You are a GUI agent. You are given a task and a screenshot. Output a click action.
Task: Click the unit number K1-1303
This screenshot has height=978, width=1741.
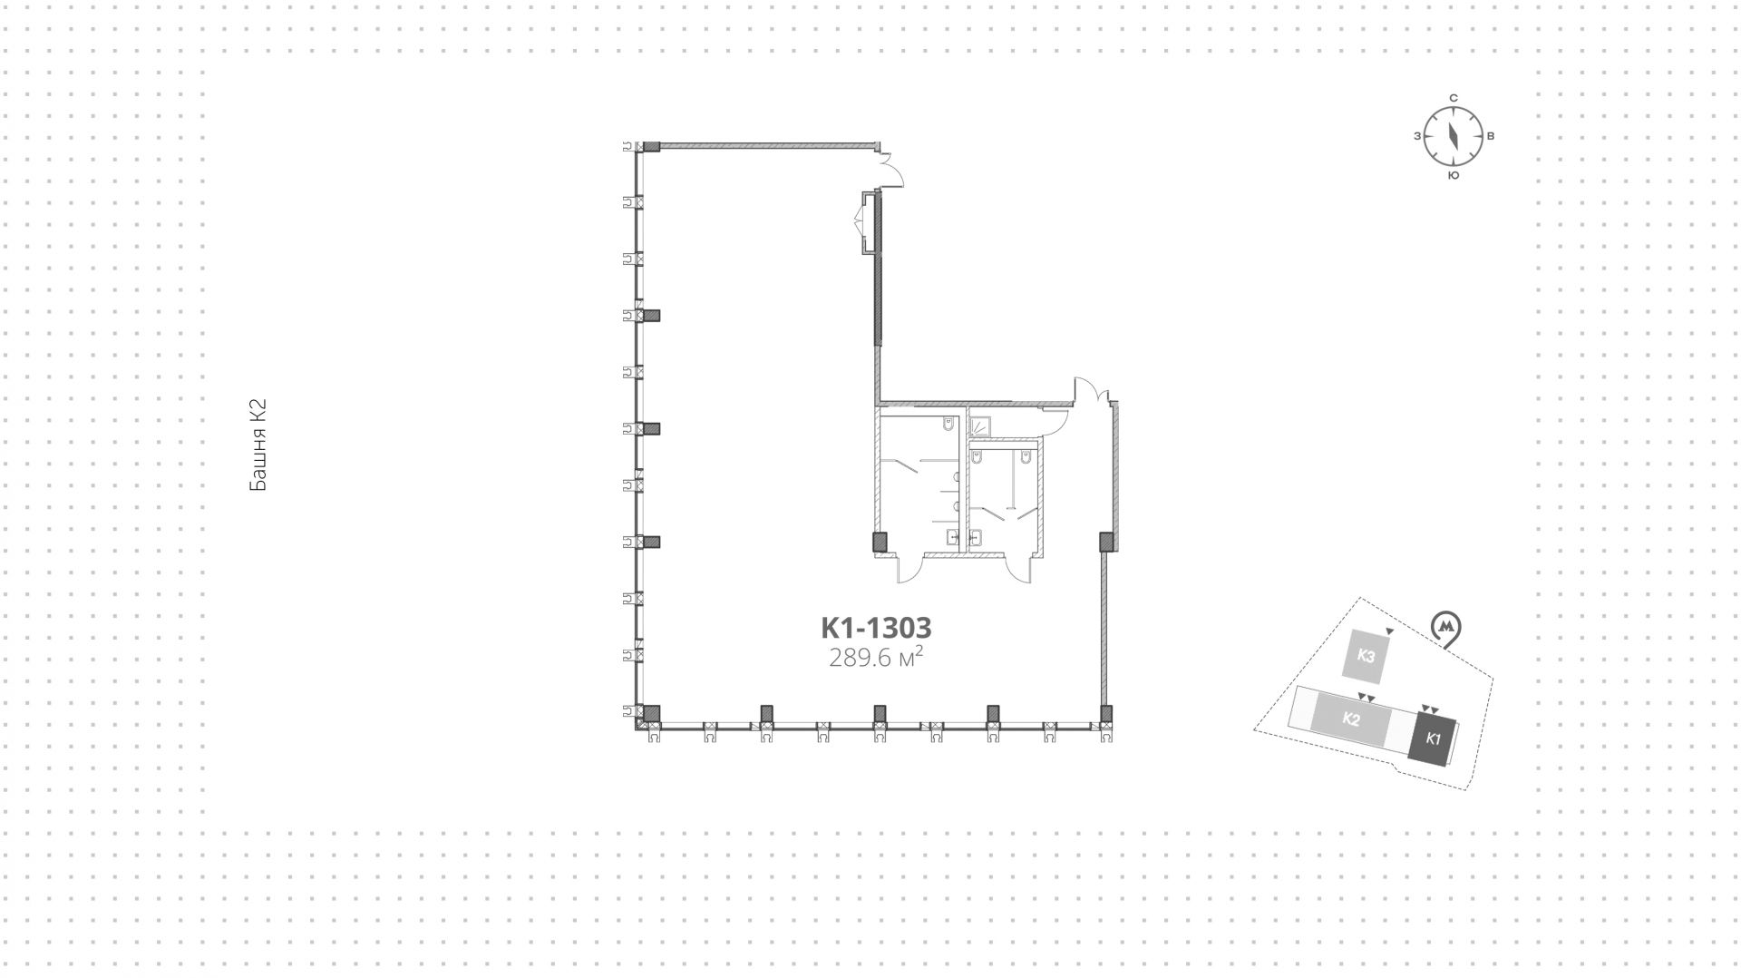(876, 628)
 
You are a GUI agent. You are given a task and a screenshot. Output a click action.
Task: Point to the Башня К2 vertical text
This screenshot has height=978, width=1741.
(258, 445)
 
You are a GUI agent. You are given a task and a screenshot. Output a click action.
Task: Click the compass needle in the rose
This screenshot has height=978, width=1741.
(1453, 137)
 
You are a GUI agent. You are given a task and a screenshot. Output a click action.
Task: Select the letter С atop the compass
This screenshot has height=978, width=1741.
(1453, 98)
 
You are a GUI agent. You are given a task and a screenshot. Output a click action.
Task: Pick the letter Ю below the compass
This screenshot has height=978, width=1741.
(1453, 176)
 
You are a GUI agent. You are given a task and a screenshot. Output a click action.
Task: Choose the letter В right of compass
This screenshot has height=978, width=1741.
(1491, 137)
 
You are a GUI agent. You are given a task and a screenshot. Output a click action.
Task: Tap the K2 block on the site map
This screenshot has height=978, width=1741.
(1351, 720)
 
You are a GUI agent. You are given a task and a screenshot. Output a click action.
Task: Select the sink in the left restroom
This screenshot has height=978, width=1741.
(952, 537)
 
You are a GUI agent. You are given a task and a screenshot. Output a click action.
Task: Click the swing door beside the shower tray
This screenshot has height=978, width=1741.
(1054, 417)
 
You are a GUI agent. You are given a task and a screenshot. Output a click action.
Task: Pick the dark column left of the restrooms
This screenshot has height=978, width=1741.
(879, 543)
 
